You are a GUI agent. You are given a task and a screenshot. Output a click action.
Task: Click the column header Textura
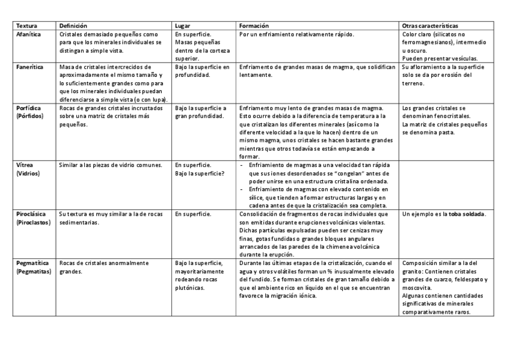point(26,26)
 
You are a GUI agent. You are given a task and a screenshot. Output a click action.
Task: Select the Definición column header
point(73,26)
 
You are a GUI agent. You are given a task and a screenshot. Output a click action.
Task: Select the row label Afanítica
point(29,35)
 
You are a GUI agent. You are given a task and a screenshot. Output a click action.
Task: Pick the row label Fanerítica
point(29,67)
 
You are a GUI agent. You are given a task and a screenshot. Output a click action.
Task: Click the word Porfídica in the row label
point(29,108)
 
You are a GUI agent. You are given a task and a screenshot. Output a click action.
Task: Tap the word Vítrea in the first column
point(25,164)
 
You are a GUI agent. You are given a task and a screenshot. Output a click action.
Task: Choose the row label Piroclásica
point(31,213)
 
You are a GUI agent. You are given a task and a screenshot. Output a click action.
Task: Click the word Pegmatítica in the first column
point(33,263)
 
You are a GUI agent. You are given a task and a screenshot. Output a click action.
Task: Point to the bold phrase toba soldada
point(468,214)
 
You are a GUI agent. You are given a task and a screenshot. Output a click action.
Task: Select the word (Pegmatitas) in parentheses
point(34,272)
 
